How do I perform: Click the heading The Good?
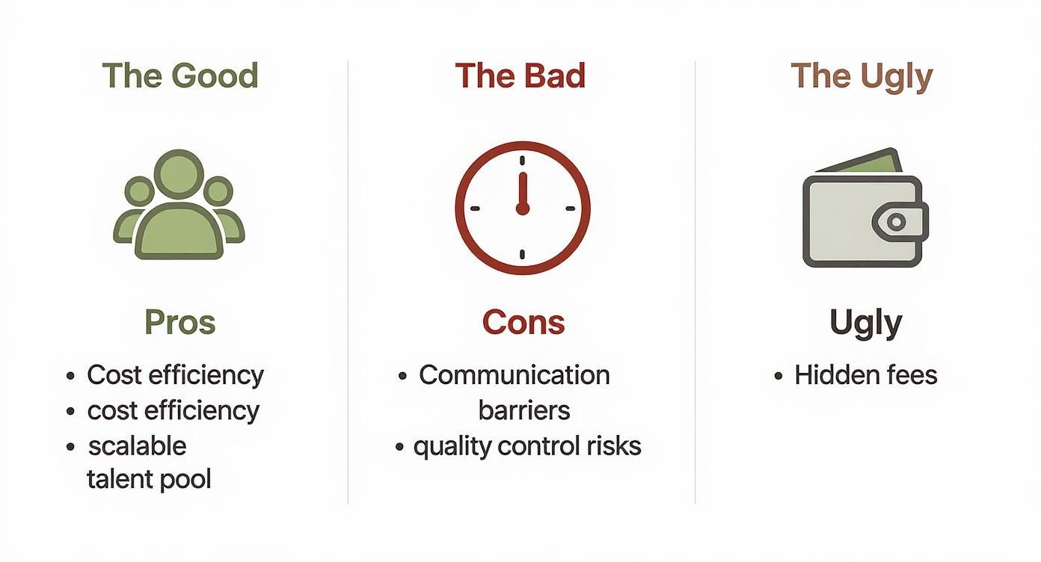(x=180, y=76)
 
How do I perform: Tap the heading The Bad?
(x=520, y=76)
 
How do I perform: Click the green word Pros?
(x=180, y=322)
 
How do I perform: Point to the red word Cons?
(x=523, y=322)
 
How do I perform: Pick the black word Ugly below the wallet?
(x=865, y=323)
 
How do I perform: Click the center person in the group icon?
(x=179, y=209)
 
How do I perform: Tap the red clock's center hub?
(x=523, y=208)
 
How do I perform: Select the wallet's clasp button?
(x=897, y=221)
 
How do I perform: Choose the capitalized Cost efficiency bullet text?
(x=175, y=374)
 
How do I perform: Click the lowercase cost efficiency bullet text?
(x=173, y=410)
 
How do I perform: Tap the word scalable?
(x=137, y=445)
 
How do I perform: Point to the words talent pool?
(x=149, y=479)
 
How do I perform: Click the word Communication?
(x=514, y=374)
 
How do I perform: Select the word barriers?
(x=523, y=410)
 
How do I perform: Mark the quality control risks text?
(x=526, y=446)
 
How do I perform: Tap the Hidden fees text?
(x=865, y=374)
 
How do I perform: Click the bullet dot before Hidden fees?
(x=779, y=376)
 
